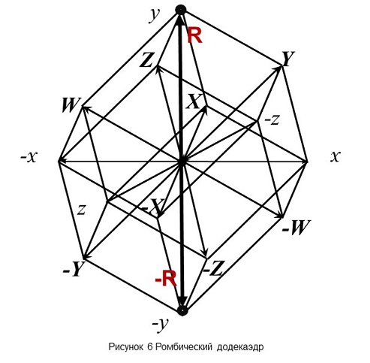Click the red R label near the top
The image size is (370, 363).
(x=194, y=35)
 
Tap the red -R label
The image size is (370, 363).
(x=166, y=278)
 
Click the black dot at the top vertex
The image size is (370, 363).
(x=181, y=10)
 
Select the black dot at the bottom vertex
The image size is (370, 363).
(x=182, y=310)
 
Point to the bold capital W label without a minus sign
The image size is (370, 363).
(x=71, y=105)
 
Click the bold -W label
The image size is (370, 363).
(x=296, y=227)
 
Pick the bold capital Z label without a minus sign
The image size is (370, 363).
(x=146, y=60)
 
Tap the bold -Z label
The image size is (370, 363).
(x=213, y=268)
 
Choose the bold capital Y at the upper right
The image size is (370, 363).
(x=288, y=59)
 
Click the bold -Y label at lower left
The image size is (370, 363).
(x=74, y=268)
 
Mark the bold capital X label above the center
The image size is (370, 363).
(x=193, y=101)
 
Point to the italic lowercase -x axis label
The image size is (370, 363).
(x=29, y=157)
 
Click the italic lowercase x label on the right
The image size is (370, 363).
(x=335, y=156)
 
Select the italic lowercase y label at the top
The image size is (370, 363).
(x=154, y=16)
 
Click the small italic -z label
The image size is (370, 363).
(x=272, y=120)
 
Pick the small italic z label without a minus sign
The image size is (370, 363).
(x=82, y=210)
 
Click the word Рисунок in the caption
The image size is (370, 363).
(x=126, y=346)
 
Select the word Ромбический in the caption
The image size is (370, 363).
(x=184, y=346)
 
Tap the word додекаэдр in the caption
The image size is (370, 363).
(x=240, y=347)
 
